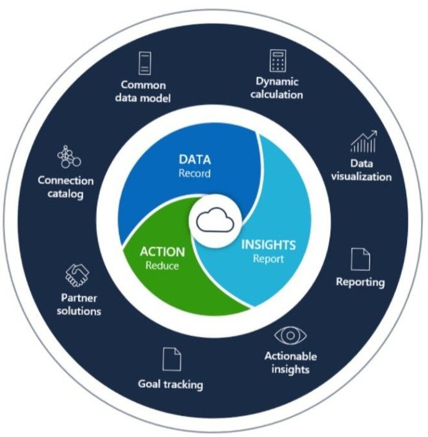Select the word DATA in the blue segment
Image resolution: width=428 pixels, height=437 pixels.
click(194, 160)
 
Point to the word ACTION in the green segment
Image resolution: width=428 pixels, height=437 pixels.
click(162, 252)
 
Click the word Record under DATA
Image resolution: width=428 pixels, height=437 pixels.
click(194, 173)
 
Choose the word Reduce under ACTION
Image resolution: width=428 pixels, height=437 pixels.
click(162, 265)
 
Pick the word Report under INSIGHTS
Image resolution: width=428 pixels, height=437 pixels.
click(268, 259)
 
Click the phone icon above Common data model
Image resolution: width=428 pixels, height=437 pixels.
click(144, 63)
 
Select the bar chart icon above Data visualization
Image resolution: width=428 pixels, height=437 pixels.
click(363, 142)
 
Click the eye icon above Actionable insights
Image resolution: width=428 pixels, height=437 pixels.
click(290, 335)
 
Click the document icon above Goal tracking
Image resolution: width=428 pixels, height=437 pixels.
click(170, 359)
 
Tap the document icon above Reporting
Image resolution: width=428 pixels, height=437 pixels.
click(361, 260)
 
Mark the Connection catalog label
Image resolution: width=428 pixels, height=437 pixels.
click(65, 187)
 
